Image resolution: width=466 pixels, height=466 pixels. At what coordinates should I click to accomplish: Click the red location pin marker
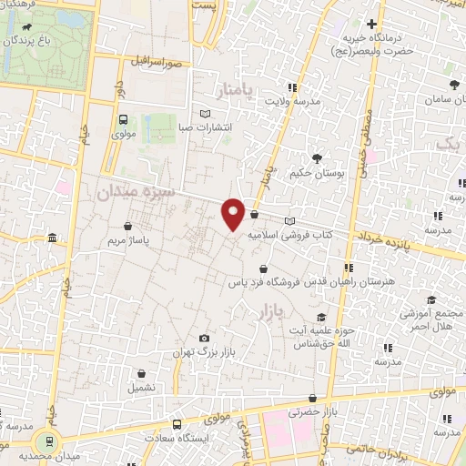[x=233, y=213]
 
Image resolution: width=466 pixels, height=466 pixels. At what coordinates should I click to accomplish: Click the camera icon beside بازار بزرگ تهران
[x=203, y=339]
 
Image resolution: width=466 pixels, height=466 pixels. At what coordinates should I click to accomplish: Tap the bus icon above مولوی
[x=124, y=119]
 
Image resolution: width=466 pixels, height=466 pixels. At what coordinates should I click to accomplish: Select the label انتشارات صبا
[x=205, y=127]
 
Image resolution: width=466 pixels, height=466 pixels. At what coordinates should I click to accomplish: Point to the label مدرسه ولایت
[x=292, y=102]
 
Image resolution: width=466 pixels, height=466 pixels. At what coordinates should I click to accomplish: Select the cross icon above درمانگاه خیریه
[x=371, y=24]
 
